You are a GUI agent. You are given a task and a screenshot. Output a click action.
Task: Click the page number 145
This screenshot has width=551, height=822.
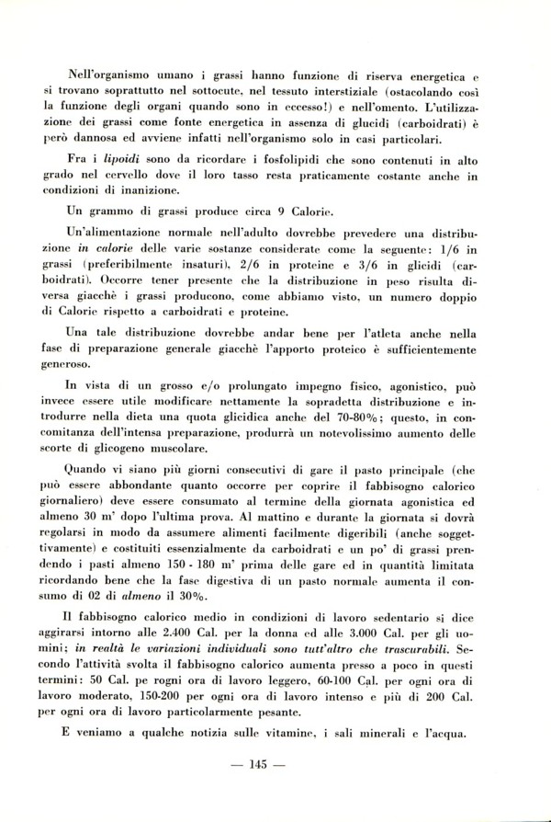coord(275,764)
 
